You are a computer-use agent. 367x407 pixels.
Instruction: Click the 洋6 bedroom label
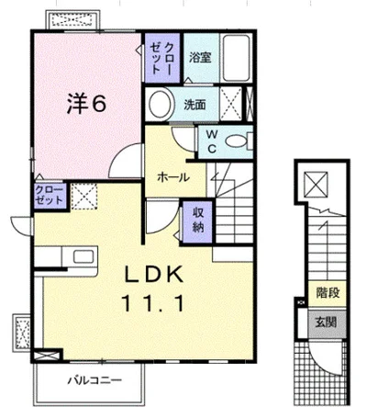[87, 104]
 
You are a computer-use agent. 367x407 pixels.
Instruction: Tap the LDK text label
[153, 274]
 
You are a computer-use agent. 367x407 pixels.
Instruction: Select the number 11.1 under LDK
[153, 302]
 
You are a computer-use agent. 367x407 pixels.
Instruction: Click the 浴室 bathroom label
[200, 57]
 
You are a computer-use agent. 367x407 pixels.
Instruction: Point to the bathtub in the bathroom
[236, 58]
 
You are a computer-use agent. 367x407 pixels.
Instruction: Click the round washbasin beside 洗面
[160, 104]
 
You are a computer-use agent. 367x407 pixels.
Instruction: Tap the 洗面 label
[195, 105]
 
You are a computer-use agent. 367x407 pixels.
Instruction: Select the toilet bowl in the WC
[237, 141]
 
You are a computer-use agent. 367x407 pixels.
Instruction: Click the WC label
[212, 141]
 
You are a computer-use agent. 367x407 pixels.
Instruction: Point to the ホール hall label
[173, 177]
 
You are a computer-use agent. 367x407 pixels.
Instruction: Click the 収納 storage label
[197, 220]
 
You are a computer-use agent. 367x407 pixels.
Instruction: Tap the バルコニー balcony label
[95, 381]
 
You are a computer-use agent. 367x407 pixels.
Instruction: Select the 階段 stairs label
[328, 293]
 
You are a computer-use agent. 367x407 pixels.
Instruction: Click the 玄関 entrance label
[327, 322]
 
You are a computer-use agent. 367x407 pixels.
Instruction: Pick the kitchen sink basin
[83, 256]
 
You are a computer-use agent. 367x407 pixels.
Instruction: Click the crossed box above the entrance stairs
[316, 184]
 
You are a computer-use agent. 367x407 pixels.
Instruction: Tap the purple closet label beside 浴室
[161, 58]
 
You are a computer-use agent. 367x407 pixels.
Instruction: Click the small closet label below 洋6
[49, 195]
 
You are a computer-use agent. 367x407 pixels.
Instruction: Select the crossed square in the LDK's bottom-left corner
[48, 356]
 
